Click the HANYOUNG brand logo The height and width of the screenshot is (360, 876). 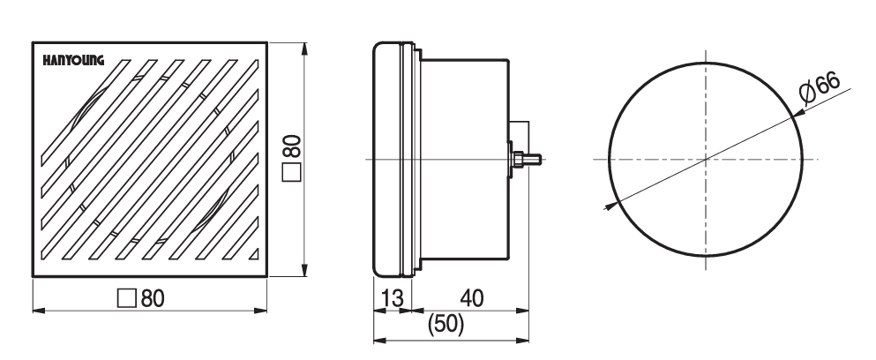[x=74, y=61]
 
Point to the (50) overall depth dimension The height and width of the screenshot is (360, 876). [x=445, y=325]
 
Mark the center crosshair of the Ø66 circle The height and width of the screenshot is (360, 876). [x=707, y=159]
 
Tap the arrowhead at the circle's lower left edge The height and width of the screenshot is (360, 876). [x=609, y=206]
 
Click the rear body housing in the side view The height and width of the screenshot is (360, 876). [x=465, y=159]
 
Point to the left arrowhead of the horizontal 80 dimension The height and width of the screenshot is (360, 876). [x=36, y=311]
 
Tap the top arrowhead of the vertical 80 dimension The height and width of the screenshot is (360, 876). [x=305, y=46]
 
